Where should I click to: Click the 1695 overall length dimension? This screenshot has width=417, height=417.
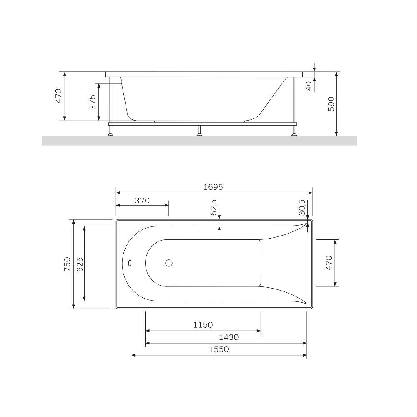(213, 187)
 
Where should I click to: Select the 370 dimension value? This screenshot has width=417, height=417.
(142, 201)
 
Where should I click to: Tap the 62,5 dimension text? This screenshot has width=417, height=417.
(214, 207)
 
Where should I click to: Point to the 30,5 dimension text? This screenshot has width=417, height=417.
(302, 207)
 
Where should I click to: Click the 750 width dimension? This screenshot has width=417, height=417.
(67, 264)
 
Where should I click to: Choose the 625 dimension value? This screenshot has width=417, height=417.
(80, 264)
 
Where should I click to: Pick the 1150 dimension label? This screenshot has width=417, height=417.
(203, 325)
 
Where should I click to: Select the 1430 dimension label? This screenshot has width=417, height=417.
(229, 337)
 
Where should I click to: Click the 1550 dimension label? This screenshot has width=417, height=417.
(219, 349)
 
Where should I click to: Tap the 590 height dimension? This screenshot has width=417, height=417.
(331, 104)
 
